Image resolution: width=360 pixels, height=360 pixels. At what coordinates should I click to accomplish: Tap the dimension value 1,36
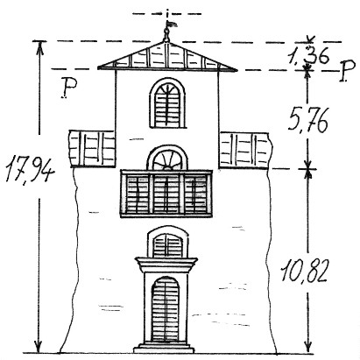pos(308,55)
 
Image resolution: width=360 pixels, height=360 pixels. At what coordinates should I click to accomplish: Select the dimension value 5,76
pos(308,119)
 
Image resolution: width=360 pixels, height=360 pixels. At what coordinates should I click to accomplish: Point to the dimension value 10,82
pos(303,272)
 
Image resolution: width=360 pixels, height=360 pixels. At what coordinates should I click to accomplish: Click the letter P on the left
pos(68,88)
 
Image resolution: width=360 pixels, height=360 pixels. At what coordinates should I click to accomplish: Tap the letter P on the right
pos(347,70)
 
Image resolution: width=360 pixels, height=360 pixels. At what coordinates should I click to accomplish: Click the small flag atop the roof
pos(172,24)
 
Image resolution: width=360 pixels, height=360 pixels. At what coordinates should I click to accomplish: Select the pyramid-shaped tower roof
pos(167,57)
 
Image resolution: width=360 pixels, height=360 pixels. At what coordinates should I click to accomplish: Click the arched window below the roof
pos(167,103)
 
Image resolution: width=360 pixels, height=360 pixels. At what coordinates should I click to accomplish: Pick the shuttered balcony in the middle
pos(166,194)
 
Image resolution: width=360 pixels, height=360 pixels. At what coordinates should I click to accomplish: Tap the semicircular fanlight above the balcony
pos(167,158)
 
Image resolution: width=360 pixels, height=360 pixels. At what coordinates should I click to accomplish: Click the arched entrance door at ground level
pos(166,309)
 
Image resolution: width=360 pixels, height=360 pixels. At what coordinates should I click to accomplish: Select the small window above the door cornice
pos(168,242)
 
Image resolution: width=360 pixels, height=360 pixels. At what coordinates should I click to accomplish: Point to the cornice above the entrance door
pos(166,265)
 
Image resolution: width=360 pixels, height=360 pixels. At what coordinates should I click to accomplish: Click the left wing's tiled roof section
pos(92,149)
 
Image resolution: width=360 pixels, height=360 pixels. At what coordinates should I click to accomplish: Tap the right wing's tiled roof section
pos(244,151)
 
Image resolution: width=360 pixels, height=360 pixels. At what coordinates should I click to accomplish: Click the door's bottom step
pos(164,349)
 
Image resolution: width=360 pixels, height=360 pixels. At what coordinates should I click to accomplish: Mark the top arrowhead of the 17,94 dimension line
pos(40,47)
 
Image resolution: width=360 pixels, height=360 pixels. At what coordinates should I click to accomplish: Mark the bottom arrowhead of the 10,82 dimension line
pos(307,347)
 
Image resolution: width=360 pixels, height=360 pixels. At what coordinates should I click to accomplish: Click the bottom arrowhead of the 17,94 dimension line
pos(38,347)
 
